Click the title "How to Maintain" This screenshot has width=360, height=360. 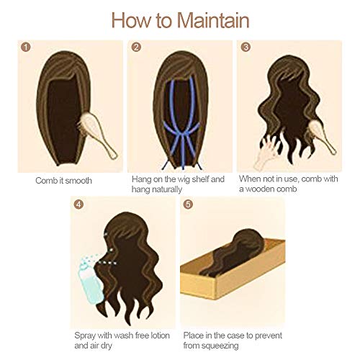click(x=179, y=19)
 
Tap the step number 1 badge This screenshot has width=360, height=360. click(x=27, y=48)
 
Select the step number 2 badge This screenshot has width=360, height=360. click(x=136, y=48)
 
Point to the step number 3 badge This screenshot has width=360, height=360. click(x=246, y=48)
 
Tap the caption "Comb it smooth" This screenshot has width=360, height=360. click(x=64, y=179)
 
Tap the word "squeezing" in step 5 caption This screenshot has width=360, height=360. click(x=228, y=346)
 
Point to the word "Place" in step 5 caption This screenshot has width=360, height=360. click(x=194, y=335)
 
